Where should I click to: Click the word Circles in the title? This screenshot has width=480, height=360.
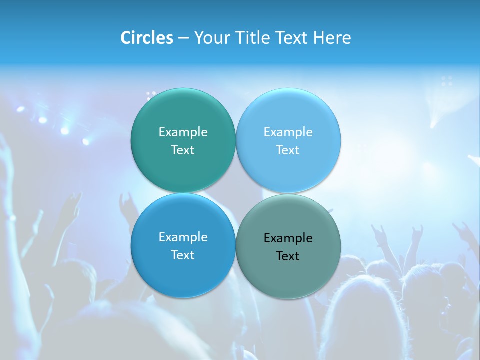point(146,38)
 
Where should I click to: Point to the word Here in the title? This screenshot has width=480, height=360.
point(332,38)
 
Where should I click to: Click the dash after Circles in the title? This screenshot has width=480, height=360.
point(183,38)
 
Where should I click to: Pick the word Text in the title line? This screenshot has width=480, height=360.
point(293,38)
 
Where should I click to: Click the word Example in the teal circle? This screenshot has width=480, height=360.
point(183,132)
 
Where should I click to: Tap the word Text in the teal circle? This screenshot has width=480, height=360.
point(183,150)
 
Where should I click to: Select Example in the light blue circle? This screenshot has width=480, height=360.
point(288,132)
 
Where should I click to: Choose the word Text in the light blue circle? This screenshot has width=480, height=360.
point(288,150)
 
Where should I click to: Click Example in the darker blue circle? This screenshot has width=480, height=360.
point(183,237)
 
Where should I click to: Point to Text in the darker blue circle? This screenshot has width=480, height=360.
point(183,255)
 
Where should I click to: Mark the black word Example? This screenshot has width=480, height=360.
point(288,238)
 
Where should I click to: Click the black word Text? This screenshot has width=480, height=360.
point(288,256)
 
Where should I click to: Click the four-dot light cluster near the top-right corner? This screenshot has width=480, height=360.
point(447,81)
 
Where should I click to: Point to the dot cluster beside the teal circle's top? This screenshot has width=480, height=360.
point(151,93)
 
